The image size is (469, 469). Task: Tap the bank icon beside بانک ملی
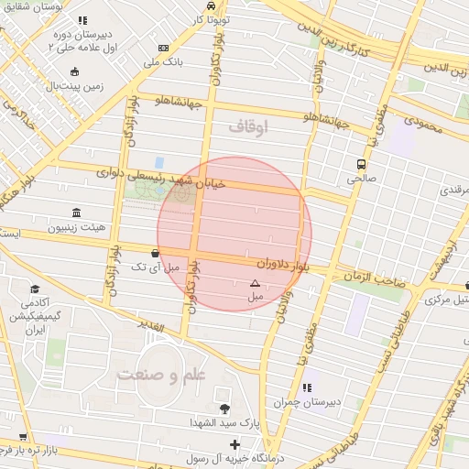click(x=163, y=48)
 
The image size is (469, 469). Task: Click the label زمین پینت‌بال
click(x=74, y=87)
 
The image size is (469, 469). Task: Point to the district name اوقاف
click(x=249, y=128)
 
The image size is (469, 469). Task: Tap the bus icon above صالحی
click(x=361, y=164)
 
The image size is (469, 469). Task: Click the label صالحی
click(x=361, y=180)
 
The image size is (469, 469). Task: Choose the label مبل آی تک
click(x=153, y=267)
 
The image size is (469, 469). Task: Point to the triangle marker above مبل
click(x=255, y=283)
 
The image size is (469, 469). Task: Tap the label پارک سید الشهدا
click(x=225, y=424)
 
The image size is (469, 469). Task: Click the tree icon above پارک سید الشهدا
click(x=225, y=409)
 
